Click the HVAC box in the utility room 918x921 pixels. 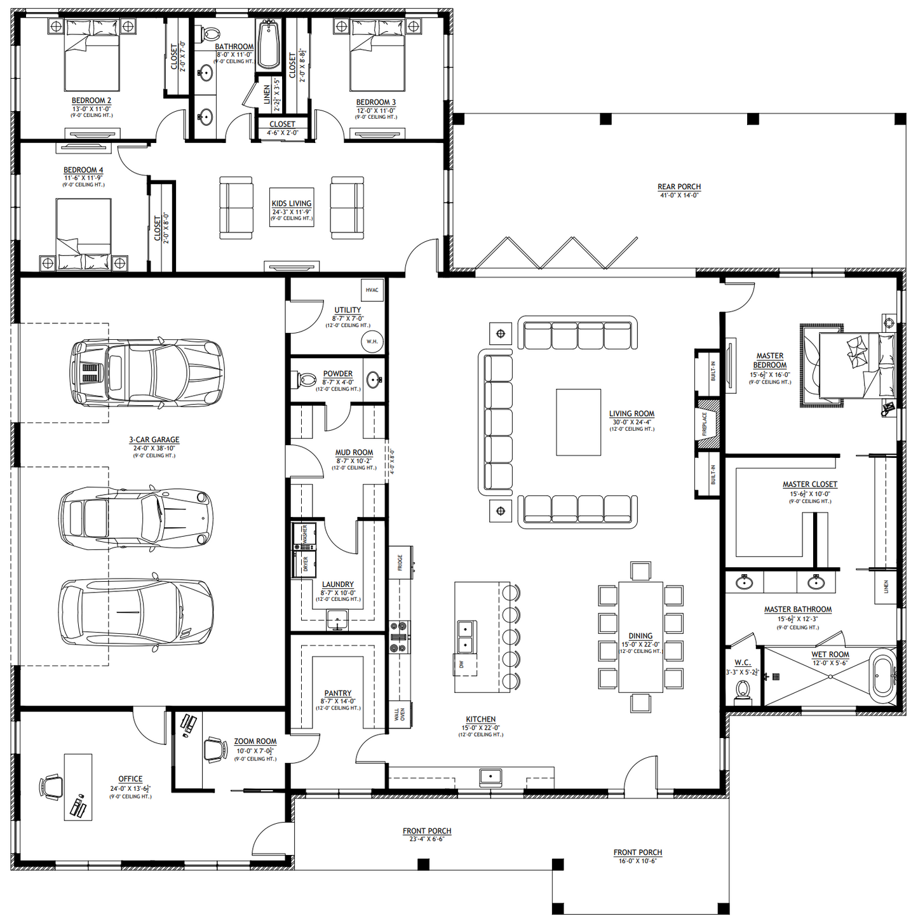point(372,290)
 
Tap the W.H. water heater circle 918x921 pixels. point(372,341)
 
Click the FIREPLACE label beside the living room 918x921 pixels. point(705,424)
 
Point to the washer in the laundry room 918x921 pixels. point(304,537)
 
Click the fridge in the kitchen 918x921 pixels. point(400,562)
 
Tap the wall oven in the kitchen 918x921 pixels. point(398,715)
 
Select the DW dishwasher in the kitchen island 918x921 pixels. point(462,664)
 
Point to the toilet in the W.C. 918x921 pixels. point(743,690)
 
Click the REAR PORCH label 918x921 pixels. point(678,187)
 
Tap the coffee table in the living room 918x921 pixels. point(578,422)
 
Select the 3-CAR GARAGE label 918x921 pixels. point(154,440)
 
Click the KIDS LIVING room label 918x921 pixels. point(292,203)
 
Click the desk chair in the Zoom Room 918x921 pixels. point(215,750)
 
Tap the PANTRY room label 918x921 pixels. point(337,693)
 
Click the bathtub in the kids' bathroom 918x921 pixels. point(268,43)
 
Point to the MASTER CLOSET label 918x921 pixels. point(809,484)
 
